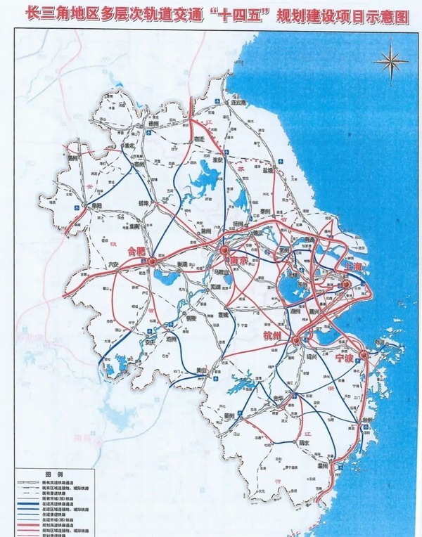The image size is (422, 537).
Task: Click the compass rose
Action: click(390, 63)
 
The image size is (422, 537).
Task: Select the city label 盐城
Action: click(268, 169)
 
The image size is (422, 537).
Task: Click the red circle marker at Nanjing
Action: click(224, 250)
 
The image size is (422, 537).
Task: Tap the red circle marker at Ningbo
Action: click(363, 354)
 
